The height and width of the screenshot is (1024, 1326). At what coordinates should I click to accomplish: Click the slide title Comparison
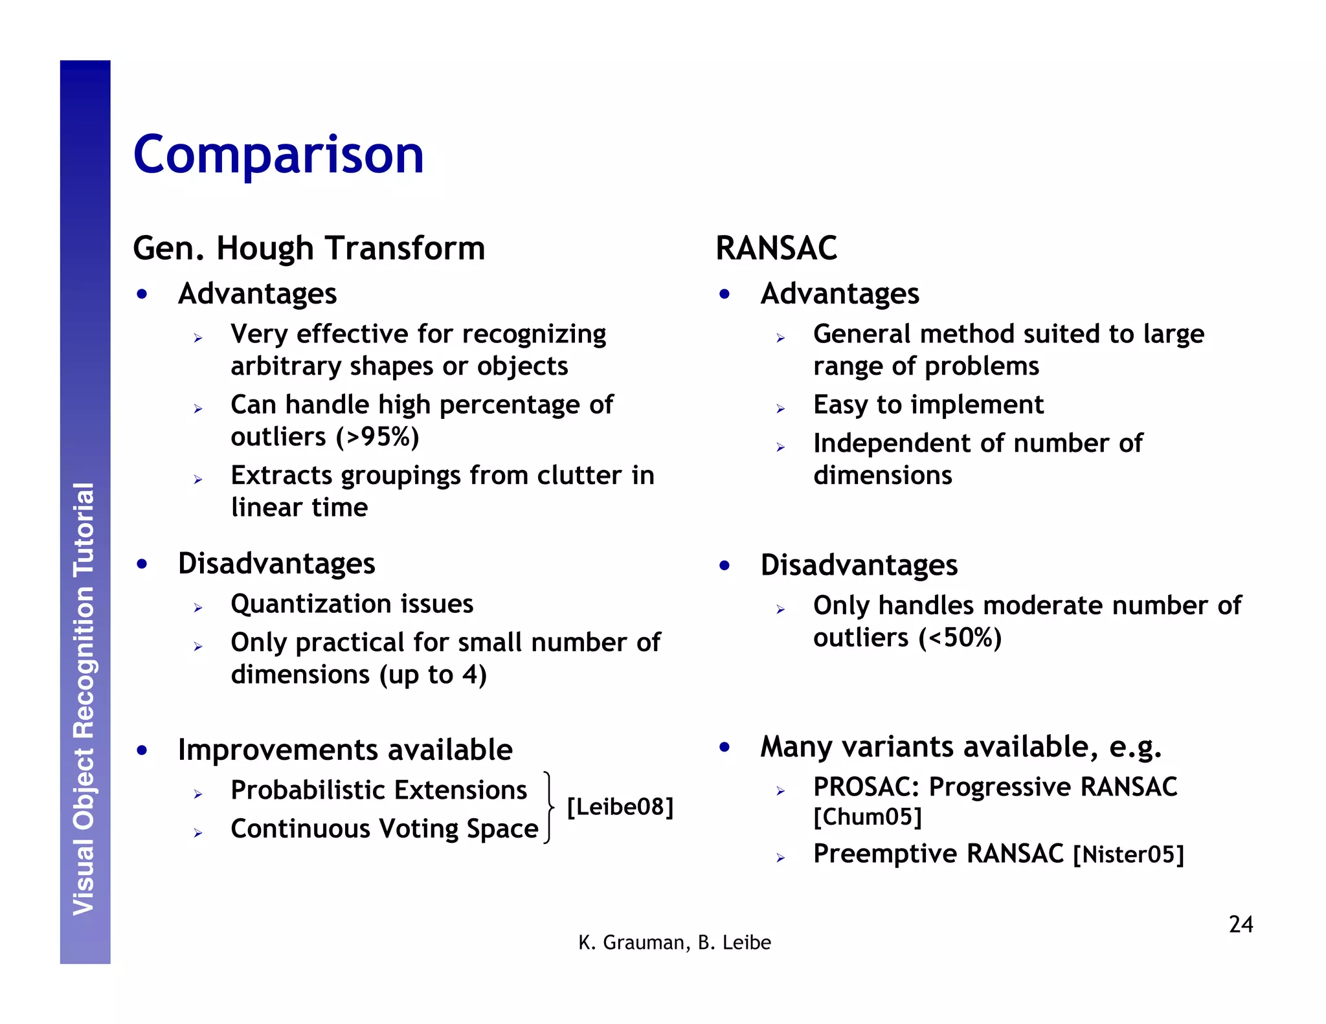(278, 155)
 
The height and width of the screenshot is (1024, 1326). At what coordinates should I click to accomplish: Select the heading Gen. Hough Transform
(309, 249)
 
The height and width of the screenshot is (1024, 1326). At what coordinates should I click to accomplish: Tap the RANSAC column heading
(776, 249)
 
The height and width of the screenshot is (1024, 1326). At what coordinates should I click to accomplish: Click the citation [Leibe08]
(620, 807)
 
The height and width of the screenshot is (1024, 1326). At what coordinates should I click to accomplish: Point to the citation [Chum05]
(867, 817)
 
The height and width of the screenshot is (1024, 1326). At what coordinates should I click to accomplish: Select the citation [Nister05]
(1128, 854)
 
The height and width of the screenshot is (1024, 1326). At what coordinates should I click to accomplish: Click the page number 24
(1240, 924)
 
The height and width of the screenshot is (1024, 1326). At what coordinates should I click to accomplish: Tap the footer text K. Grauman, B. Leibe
(674, 942)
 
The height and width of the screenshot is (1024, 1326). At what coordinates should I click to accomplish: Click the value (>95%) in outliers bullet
(378, 438)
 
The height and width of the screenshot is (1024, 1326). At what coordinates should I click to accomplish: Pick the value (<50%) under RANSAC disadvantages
(960, 638)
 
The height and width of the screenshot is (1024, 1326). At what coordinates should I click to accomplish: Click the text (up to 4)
(433, 675)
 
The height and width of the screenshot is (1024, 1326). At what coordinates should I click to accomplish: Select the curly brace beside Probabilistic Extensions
(549, 807)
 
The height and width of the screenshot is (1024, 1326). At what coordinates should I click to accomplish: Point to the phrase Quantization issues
(352, 604)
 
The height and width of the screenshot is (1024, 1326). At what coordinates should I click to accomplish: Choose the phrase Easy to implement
(928, 405)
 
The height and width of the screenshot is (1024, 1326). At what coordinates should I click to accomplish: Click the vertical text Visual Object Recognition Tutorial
(84, 699)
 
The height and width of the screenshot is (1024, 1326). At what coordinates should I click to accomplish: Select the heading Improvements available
(345, 750)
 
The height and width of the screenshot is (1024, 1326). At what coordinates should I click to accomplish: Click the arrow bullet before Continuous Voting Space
(198, 833)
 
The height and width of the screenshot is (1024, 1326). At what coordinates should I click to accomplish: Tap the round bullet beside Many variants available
(725, 747)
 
